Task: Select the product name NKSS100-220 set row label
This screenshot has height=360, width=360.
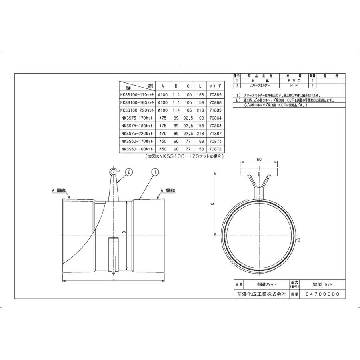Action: pos(137,110)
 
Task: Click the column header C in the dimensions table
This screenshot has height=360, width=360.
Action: pos(188,86)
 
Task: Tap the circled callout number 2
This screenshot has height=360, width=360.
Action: pos(129,172)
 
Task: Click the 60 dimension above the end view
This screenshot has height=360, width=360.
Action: pos(259,159)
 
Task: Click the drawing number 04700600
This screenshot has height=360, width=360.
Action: pos(322,294)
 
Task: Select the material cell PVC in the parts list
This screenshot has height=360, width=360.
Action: pos(293,81)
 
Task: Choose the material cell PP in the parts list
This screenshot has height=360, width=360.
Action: pos(293,86)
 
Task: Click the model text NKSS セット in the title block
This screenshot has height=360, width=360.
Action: pos(322,284)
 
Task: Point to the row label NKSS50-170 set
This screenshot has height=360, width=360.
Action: pos(137,141)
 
